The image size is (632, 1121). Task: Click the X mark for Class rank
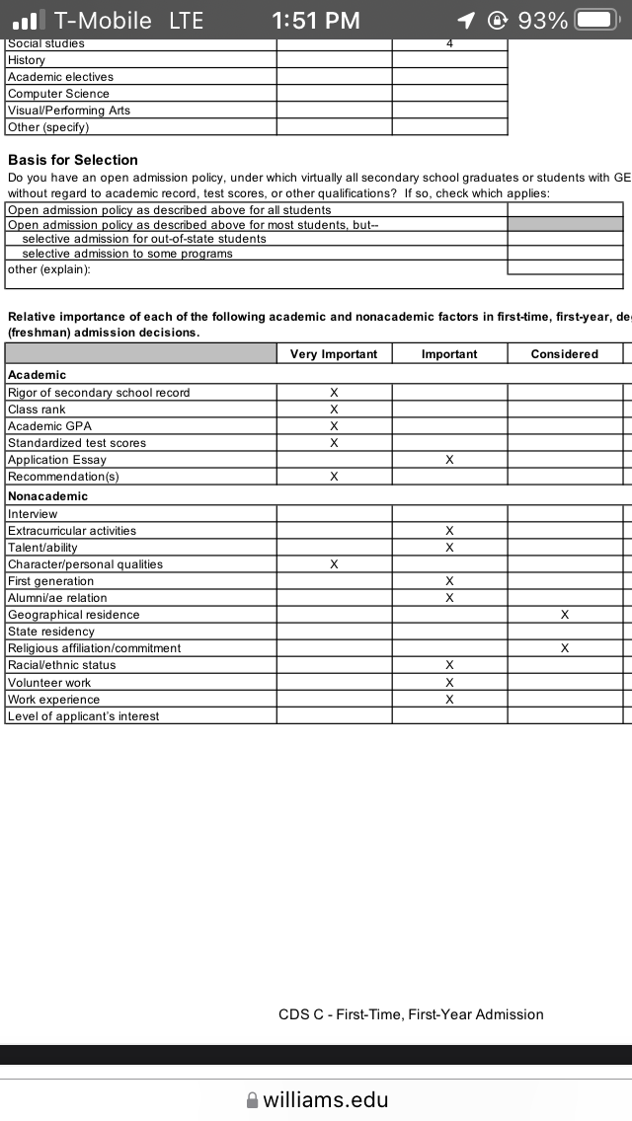click(x=334, y=410)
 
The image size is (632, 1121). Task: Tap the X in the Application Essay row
click(x=449, y=460)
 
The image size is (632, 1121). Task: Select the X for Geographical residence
click(x=565, y=615)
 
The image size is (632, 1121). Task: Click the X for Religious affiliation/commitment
click(x=565, y=648)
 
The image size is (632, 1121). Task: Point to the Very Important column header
click(x=334, y=354)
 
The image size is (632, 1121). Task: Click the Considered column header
click(x=565, y=354)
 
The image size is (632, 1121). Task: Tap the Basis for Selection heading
click(x=73, y=160)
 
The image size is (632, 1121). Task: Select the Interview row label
click(x=33, y=514)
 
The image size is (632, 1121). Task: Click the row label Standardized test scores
click(x=77, y=443)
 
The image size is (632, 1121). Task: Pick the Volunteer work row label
click(x=49, y=683)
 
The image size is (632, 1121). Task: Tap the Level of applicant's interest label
click(x=83, y=716)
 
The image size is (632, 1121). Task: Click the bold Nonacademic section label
click(x=47, y=496)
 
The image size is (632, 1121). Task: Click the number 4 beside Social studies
click(x=449, y=43)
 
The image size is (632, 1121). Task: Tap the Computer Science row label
click(x=58, y=94)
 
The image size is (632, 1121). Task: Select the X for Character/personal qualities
click(x=334, y=564)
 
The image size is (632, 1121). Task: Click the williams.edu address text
click(x=326, y=1099)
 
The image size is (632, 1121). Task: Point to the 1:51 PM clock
click(x=316, y=20)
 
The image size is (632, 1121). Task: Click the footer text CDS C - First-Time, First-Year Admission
click(x=411, y=1014)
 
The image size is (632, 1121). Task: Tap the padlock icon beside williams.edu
click(x=252, y=1100)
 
